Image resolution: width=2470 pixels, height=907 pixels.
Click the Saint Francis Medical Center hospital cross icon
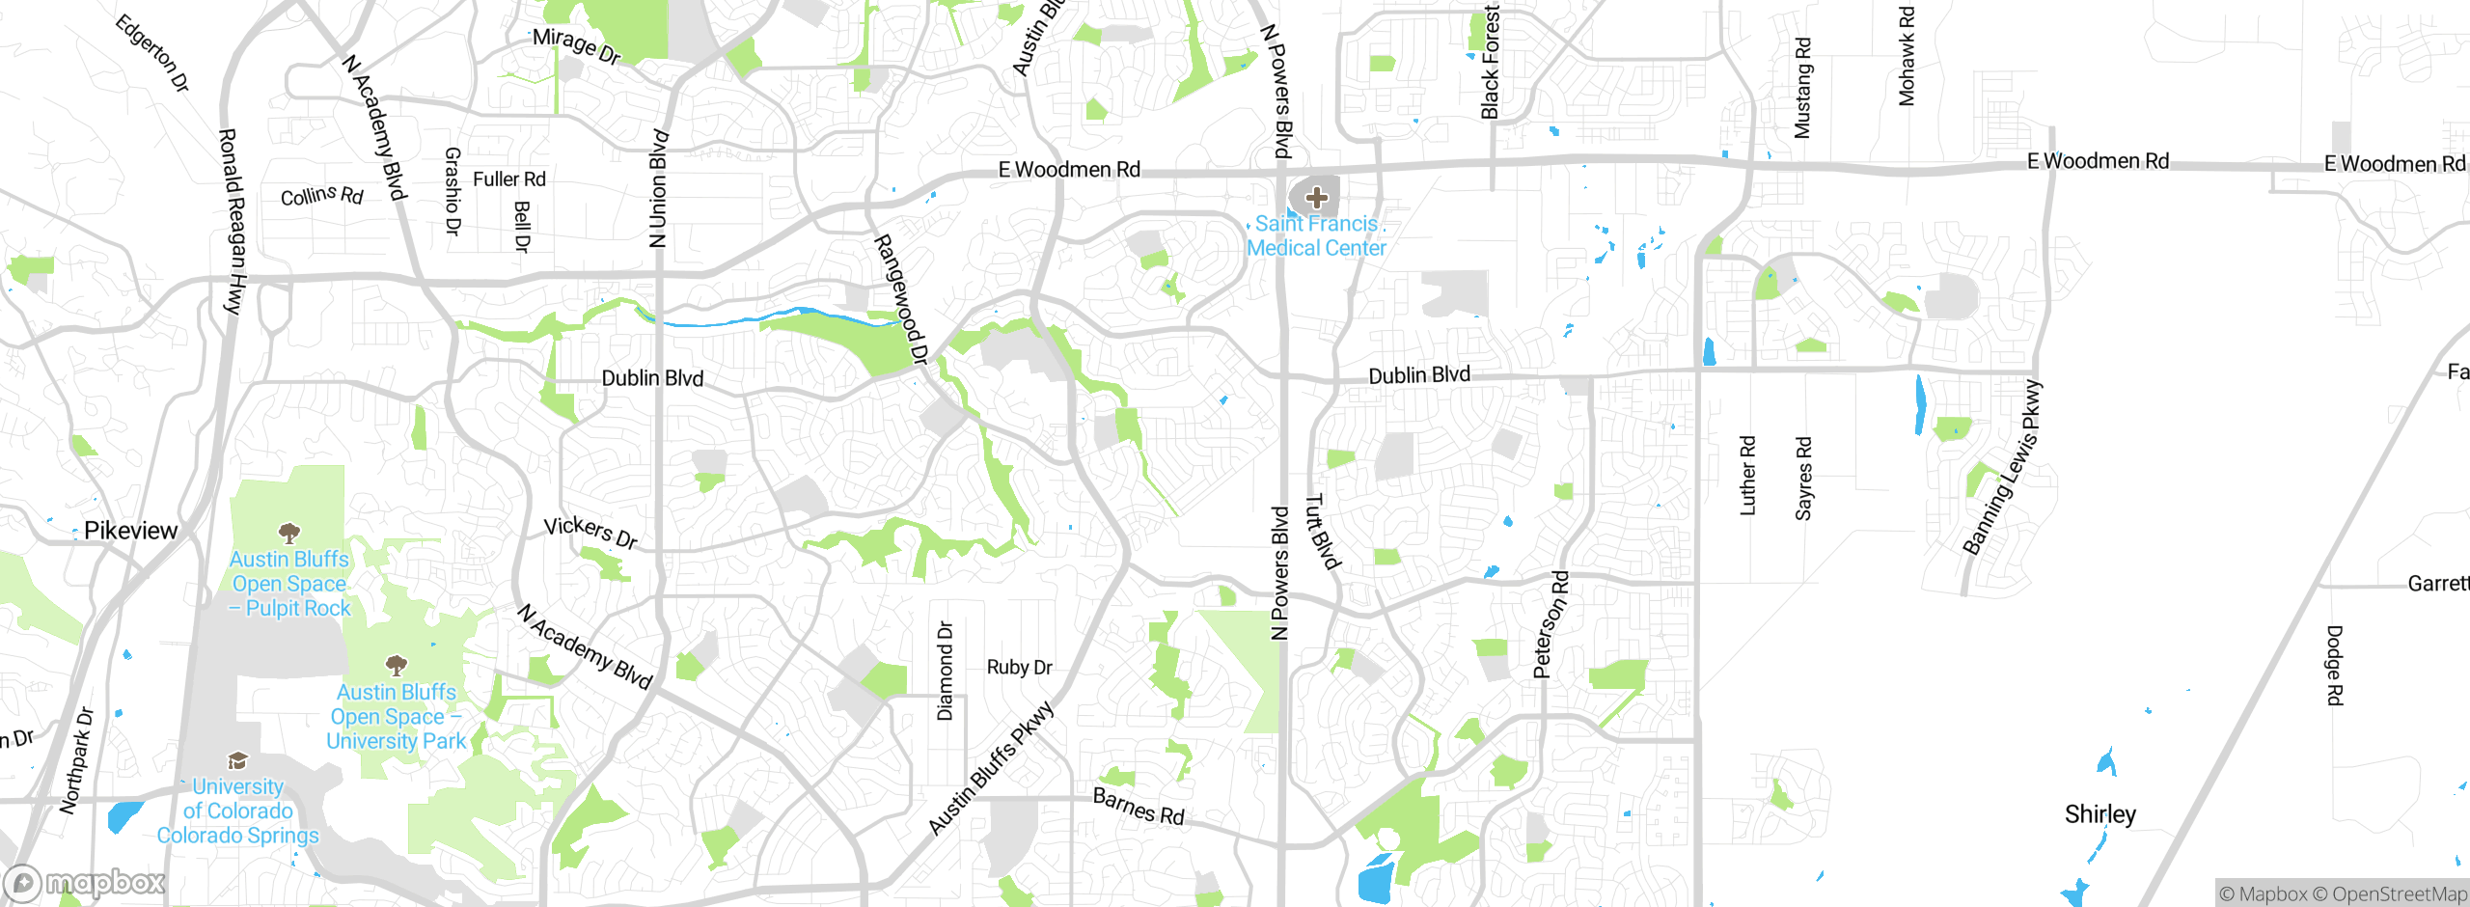click(x=1316, y=198)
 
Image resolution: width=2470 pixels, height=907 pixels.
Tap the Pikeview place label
click(x=130, y=531)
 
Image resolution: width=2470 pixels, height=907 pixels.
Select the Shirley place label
click(x=2099, y=814)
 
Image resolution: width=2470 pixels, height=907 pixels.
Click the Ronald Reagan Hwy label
click(x=232, y=222)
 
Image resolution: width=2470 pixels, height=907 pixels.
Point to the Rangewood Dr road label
click(x=900, y=299)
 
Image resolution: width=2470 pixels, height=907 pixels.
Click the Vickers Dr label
click(x=590, y=532)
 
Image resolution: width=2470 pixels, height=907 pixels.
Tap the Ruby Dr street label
click(x=1019, y=667)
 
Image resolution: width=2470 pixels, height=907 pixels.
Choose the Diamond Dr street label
click(x=945, y=671)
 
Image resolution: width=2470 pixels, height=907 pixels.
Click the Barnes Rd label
click(x=1139, y=806)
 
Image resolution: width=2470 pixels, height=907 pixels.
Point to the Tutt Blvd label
click(x=1323, y=532)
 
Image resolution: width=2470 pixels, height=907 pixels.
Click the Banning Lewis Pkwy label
click(x=2002, y=468)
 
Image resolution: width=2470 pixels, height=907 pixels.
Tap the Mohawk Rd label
click(x=1907, y=56)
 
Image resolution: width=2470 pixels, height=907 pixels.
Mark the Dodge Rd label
click(x=2334, y=666)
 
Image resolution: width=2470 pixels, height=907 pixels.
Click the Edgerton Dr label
click(x=151, y=53)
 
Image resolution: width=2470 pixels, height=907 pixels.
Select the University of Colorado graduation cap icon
click(x=237, y=761)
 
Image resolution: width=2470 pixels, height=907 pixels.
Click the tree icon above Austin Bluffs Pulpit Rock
click(x=288, y=533)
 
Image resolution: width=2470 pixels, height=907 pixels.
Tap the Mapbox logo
click(x=85, y=883)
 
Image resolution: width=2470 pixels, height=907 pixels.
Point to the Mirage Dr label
click(x=576, y=45)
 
